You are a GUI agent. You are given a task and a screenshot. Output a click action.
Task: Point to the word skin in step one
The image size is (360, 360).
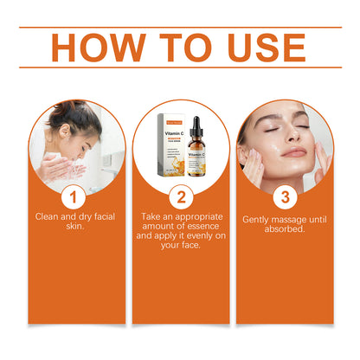click(74, 228)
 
